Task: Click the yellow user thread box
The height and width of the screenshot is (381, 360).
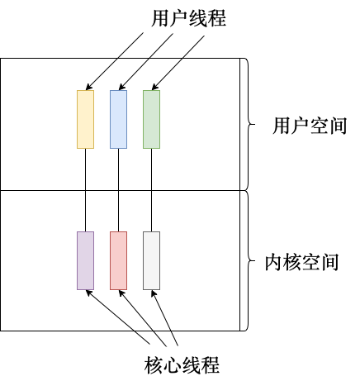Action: click(85, 119)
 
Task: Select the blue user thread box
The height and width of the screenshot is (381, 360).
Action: click(118, 119)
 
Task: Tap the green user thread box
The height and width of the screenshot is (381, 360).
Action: click(151, 119)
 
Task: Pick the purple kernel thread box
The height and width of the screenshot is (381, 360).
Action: click(85, 260)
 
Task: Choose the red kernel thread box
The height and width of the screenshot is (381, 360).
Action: click(118, 260)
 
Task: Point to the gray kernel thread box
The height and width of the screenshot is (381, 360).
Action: click(151, 260)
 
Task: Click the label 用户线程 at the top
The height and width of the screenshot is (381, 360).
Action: click(189, 18)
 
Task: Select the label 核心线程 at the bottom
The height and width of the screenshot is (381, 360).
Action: click(182, 365)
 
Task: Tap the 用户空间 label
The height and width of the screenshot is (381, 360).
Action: click(310, 126)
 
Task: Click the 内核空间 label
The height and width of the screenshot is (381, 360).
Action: click(302, 262)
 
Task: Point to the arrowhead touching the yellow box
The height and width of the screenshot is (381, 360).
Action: click(88, 87)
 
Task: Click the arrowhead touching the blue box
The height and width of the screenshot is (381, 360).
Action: click(121, 87)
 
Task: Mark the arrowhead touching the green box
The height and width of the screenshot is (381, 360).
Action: click(154, 87)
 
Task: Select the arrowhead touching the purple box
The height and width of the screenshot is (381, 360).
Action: click(88, 293)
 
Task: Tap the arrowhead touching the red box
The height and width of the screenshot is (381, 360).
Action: click(121, 293)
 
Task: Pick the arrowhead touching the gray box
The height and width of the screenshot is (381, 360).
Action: click(154, 293)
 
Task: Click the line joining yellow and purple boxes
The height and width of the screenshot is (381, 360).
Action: click(85, 190)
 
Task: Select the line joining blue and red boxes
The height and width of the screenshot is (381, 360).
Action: click(118, 190)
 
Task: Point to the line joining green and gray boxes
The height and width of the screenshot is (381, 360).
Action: click(151, 190)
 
